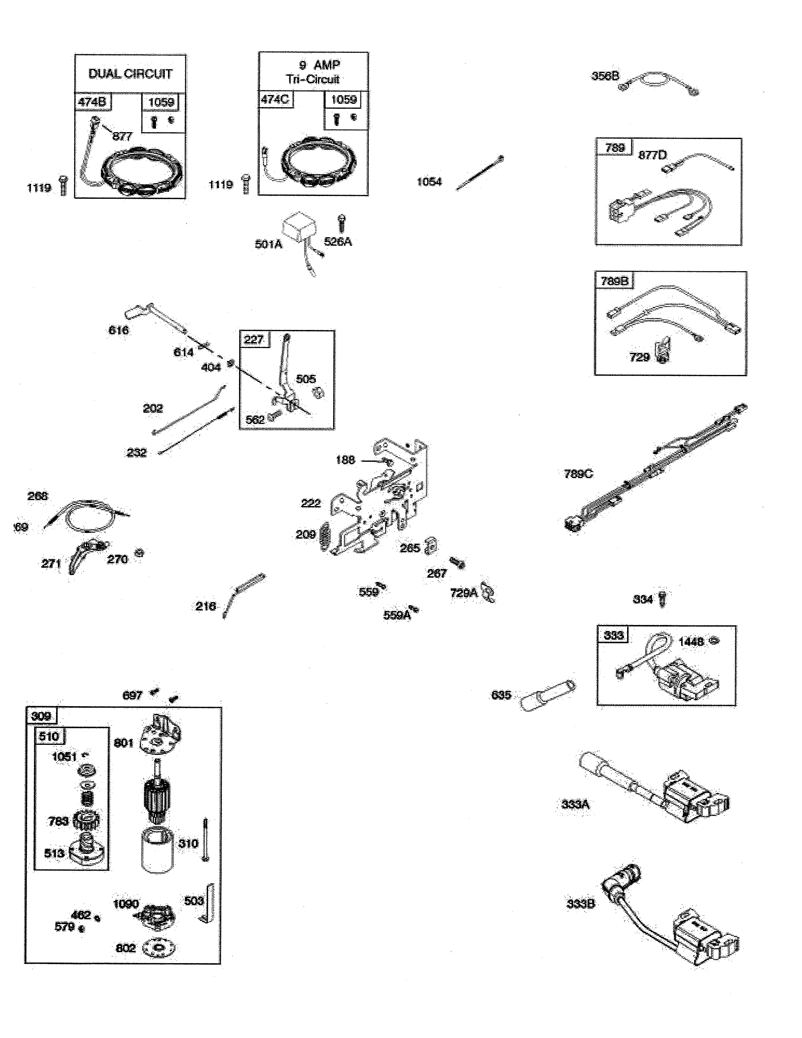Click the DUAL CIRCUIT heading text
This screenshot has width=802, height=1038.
[130, 74]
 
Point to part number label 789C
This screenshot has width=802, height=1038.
[578, 474]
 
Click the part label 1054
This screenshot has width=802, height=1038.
[429, 181]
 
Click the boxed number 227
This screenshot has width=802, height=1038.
[254, 339]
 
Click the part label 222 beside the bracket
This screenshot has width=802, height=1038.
[311, 503]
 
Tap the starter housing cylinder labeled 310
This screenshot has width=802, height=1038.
[157, 851]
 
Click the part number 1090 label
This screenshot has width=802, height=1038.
[126, 904]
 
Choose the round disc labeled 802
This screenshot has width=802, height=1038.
[158, 949]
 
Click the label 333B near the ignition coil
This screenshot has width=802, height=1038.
[580, 903]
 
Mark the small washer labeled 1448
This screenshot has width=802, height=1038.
[714, 641]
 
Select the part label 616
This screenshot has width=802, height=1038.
[118, 330]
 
